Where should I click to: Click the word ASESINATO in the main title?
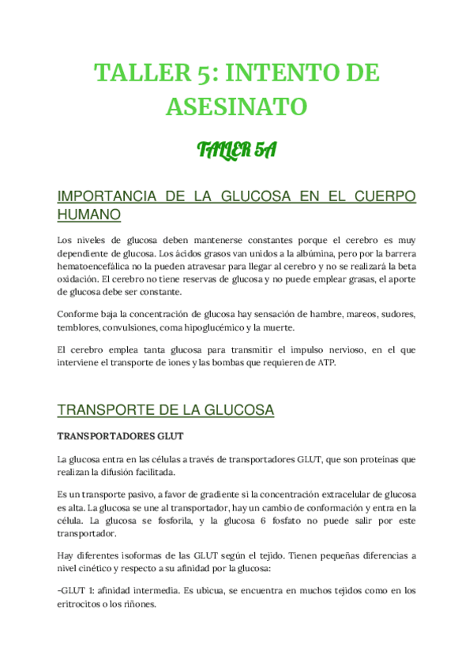click(x=236, y=106)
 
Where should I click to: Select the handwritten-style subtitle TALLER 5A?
click(x=236, y=149)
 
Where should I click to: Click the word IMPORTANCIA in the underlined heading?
click(x=103, y=196)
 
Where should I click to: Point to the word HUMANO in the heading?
click(x=89, y=214)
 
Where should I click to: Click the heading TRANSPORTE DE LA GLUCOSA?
click(x=166, y=410)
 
